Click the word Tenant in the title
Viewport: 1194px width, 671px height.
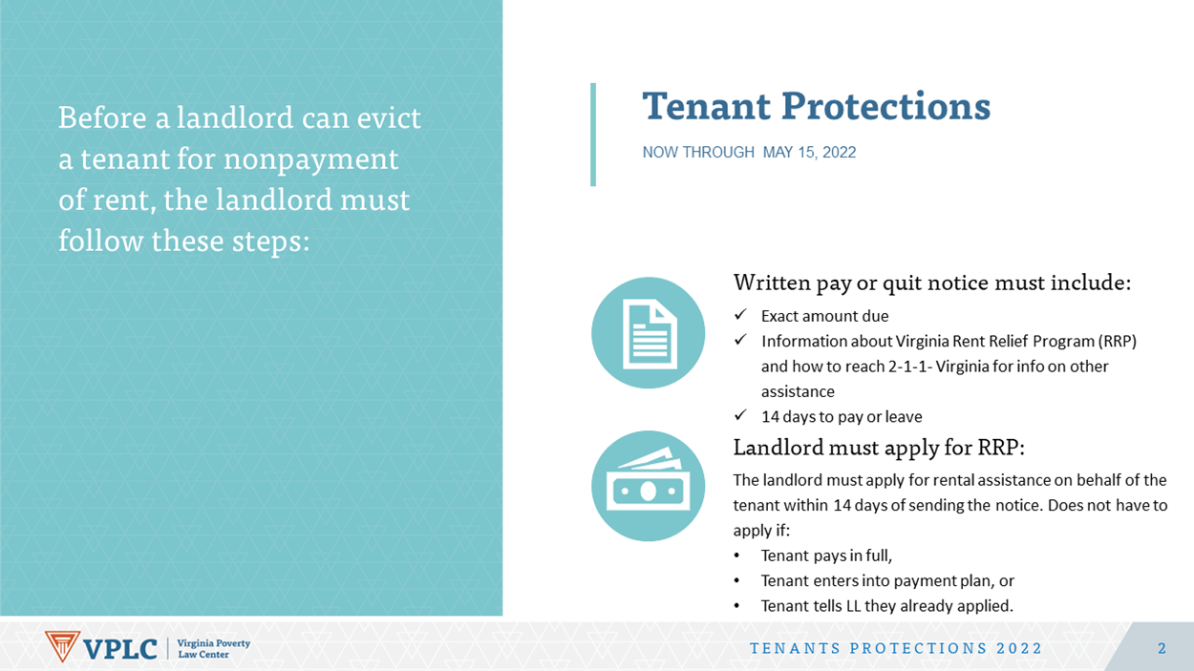coord(706,106)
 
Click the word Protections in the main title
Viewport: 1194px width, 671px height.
coord(885,106)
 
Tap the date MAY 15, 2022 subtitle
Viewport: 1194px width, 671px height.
coord(809,153)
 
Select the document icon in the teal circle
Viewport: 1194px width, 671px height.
coord(650,334)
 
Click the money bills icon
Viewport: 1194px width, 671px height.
coord(649,479)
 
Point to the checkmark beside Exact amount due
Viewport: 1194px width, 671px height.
coord(740,315)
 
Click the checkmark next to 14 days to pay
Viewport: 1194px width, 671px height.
coord(740,415)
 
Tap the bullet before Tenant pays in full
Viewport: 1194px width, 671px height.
coord(736,556)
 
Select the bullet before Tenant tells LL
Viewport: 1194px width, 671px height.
coord(736,606)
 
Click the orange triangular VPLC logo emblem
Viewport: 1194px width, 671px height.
coord(62,646)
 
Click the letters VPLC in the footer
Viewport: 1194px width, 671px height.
coord(120,649)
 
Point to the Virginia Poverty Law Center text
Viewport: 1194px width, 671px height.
coord(213,649)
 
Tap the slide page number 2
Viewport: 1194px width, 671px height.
coord(1162,649)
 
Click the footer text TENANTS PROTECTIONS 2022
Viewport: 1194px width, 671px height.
coord(896,649)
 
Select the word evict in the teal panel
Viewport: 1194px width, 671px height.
coord(389,117)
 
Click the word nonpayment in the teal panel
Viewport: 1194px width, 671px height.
coord(310,160)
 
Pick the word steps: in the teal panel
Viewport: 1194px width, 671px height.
coord(270,242)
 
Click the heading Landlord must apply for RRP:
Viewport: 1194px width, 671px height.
coord(879,448)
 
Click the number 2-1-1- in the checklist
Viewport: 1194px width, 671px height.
coord(910,367)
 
